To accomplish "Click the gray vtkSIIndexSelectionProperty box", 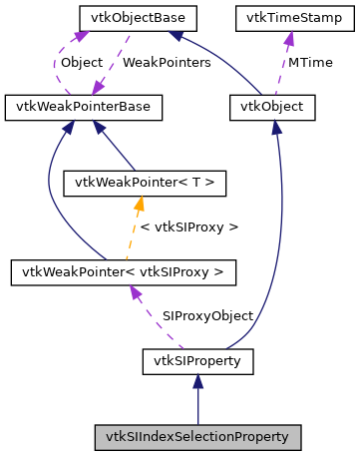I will coord(197,436).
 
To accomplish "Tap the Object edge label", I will coord(82,62).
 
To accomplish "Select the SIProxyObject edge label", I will coord(207,315).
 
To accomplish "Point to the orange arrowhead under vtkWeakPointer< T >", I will coord(141,203).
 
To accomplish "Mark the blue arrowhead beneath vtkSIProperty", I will coord(197,380).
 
